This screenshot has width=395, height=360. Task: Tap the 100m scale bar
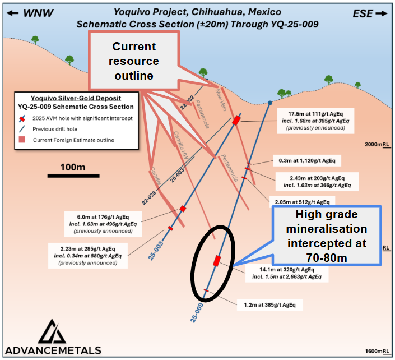coord(73,175)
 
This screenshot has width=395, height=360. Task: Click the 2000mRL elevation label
coord(377,145)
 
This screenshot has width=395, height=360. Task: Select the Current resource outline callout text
coord(136,61)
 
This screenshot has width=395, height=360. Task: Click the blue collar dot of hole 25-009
coord(270,103)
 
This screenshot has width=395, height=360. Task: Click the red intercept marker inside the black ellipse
coord(217,260)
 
